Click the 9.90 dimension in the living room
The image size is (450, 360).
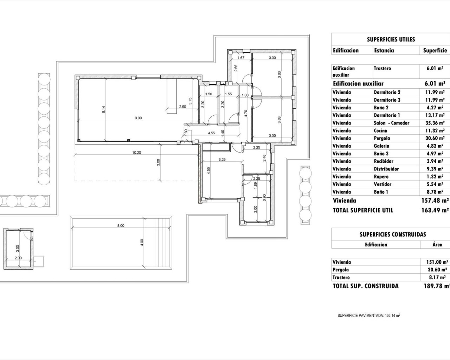click(138, 118)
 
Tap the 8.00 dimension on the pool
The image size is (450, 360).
click(121, 226)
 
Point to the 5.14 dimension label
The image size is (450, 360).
click(104, 110)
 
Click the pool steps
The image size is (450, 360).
click(162, 243)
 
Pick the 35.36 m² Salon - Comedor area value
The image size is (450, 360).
click(435, 123)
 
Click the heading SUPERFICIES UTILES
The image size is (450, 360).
click(391, 39)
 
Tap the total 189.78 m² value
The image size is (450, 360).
click(436, 286)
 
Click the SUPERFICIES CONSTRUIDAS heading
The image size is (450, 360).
click(393, 234)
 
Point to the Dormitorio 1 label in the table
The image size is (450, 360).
click(387, 115)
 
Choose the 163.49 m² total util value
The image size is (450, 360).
click(435, 210)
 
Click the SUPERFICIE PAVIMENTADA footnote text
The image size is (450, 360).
click(369, 316)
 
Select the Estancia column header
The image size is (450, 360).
click(384, 51)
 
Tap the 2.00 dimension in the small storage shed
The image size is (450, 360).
click(18, 258)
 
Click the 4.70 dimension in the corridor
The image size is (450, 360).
click(246, 113)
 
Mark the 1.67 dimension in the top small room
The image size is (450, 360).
click(241, 58)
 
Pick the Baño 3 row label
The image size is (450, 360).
click(381, 154)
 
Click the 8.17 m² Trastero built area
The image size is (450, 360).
click(435, 277)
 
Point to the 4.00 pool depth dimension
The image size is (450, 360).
click(142, 242)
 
